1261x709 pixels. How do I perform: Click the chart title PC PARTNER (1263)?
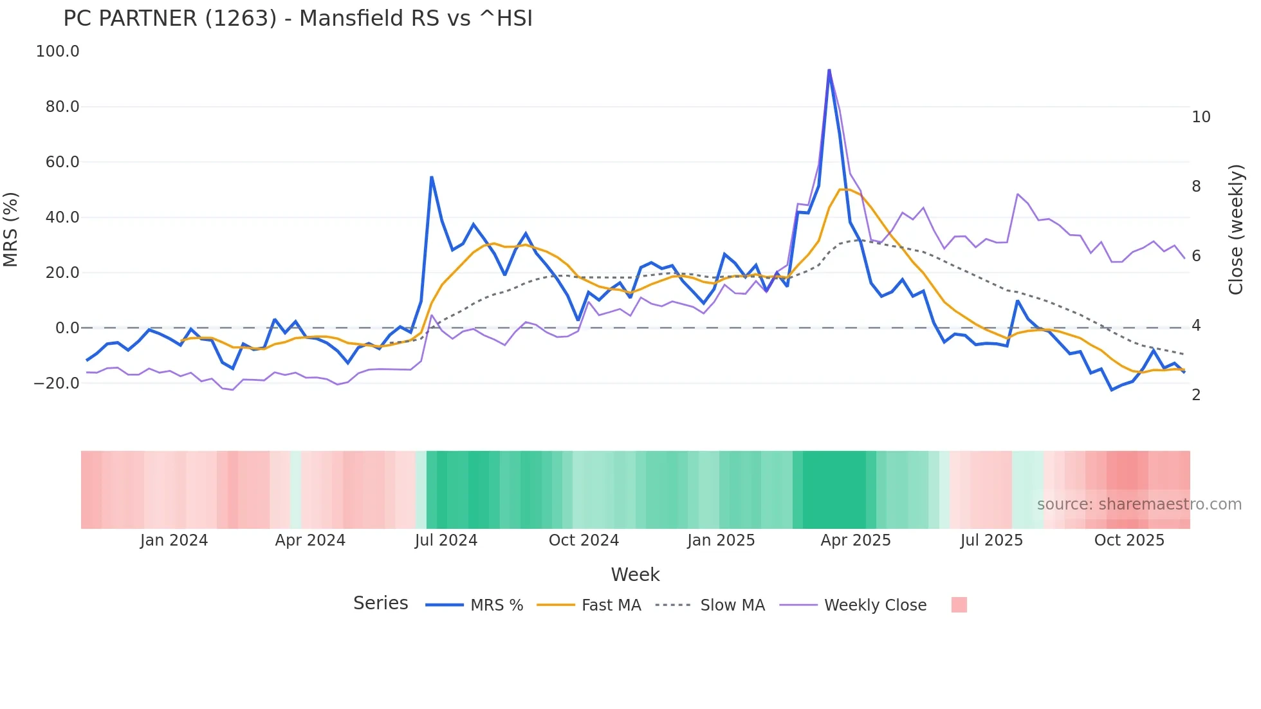point(297,19)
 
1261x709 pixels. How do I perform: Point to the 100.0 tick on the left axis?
point(58,51)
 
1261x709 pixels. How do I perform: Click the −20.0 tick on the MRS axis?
point(57,383)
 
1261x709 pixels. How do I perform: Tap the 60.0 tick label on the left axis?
point(62,162)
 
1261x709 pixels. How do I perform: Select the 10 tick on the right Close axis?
point(1201,117)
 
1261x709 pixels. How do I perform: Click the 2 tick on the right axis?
point(1196,395)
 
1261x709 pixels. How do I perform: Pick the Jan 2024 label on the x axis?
point(174,540)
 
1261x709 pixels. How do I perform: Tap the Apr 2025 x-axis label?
point(855,540)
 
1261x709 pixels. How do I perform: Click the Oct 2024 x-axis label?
point(584,540)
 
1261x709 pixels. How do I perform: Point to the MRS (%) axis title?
point(11,230)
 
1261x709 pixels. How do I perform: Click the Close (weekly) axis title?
point(1236,230)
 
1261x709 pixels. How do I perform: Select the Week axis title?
point(635,575)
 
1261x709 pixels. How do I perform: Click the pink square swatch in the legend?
point(959,605)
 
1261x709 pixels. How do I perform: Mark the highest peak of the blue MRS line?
point(829,70)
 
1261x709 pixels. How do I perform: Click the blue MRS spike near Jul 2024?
point(432,177)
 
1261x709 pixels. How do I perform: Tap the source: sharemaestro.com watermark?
point(1139,504)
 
